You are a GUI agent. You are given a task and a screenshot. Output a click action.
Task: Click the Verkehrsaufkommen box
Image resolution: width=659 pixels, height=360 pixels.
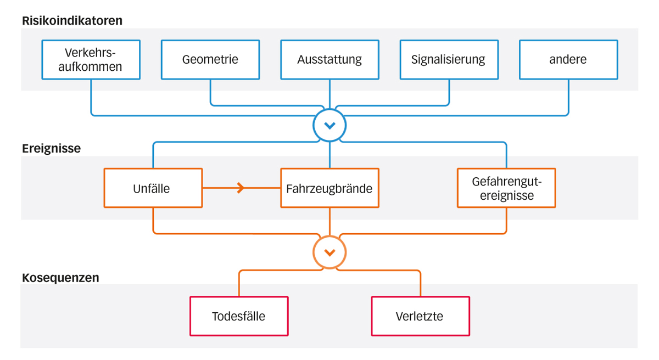pos(91,59)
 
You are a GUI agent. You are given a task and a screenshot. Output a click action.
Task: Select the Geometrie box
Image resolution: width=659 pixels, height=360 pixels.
pos(210,59)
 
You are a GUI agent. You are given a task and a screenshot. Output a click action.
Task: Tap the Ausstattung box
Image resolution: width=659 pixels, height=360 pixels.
pos(329,59)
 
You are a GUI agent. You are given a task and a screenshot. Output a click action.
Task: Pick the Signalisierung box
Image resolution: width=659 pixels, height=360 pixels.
pos(449,59)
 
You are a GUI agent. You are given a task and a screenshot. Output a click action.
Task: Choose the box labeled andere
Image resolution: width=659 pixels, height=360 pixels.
pos(568,59)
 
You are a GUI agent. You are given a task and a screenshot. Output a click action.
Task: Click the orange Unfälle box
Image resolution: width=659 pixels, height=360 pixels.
pos(153,188)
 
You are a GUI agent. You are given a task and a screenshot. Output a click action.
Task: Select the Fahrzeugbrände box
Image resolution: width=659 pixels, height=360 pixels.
pos(329,188)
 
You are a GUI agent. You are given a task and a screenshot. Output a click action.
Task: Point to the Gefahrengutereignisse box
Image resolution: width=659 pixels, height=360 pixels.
pos(506,188)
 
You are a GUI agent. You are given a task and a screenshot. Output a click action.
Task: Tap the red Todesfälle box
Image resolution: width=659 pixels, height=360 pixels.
pos(239,316)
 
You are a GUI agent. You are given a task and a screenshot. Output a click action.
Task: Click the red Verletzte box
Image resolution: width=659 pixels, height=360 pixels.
pos(420,316)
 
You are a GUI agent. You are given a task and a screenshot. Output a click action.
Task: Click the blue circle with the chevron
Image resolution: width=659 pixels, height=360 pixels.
pos(329,126)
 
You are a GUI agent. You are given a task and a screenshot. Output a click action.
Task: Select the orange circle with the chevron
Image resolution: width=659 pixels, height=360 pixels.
pos(329,252)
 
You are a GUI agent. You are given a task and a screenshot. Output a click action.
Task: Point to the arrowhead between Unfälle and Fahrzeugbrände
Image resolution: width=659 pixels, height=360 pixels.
pos(241,188)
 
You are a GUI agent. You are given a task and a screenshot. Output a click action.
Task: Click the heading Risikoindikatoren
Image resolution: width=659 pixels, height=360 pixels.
pos(72,21)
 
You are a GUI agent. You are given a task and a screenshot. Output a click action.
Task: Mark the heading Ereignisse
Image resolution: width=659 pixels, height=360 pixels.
pos(51,149)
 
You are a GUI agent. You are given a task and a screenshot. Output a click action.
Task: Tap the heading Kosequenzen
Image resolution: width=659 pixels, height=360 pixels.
pos(60,278)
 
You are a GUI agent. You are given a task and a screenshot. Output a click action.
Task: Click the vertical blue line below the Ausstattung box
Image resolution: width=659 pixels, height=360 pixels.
pos(329,93)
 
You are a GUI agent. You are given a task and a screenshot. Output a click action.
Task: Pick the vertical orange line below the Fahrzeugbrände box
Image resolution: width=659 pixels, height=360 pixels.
pos(329,221)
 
